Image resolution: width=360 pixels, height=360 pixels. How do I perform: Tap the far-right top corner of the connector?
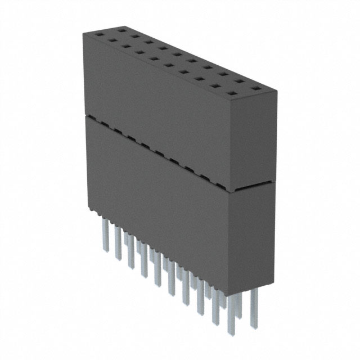(x=278, y=90)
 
